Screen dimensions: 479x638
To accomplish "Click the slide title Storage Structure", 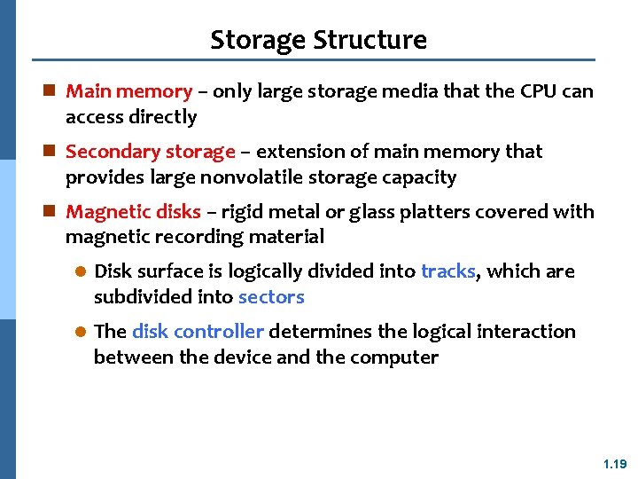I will [x=318, y=40].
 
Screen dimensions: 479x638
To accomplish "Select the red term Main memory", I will [x=128, y=91].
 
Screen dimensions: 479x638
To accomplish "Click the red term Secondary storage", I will [x=151, y=152].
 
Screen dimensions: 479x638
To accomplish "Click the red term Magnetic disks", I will [x=133, y=212].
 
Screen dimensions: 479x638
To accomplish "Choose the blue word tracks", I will [x=448, y=271].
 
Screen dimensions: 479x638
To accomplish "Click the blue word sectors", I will [x=271, y=297].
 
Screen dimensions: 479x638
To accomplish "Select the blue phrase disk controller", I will [x=198, y=332].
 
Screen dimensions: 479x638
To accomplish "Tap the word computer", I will [x=394, y=357].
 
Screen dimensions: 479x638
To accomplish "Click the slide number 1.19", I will [x=614, y=464].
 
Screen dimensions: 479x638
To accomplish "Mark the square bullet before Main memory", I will [x=51, y=91].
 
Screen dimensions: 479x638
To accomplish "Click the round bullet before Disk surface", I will [x=79, y=272].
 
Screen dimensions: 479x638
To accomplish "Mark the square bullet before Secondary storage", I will [x=51, y=152].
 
